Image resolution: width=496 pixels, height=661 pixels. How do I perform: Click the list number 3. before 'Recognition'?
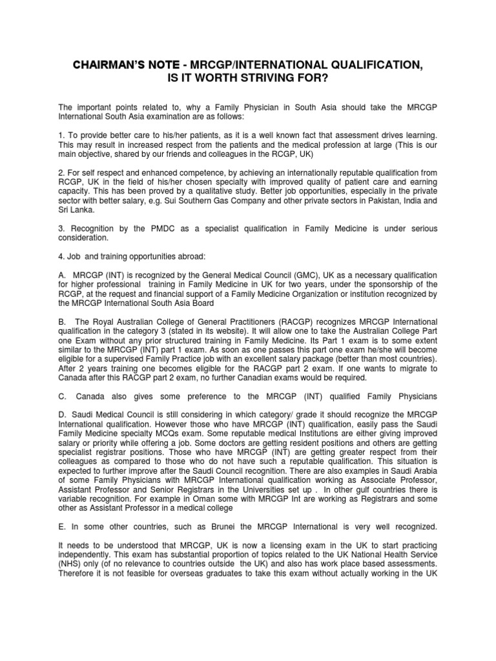tap(61, 229)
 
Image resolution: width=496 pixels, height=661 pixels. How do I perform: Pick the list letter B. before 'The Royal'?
tap(62, 322)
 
